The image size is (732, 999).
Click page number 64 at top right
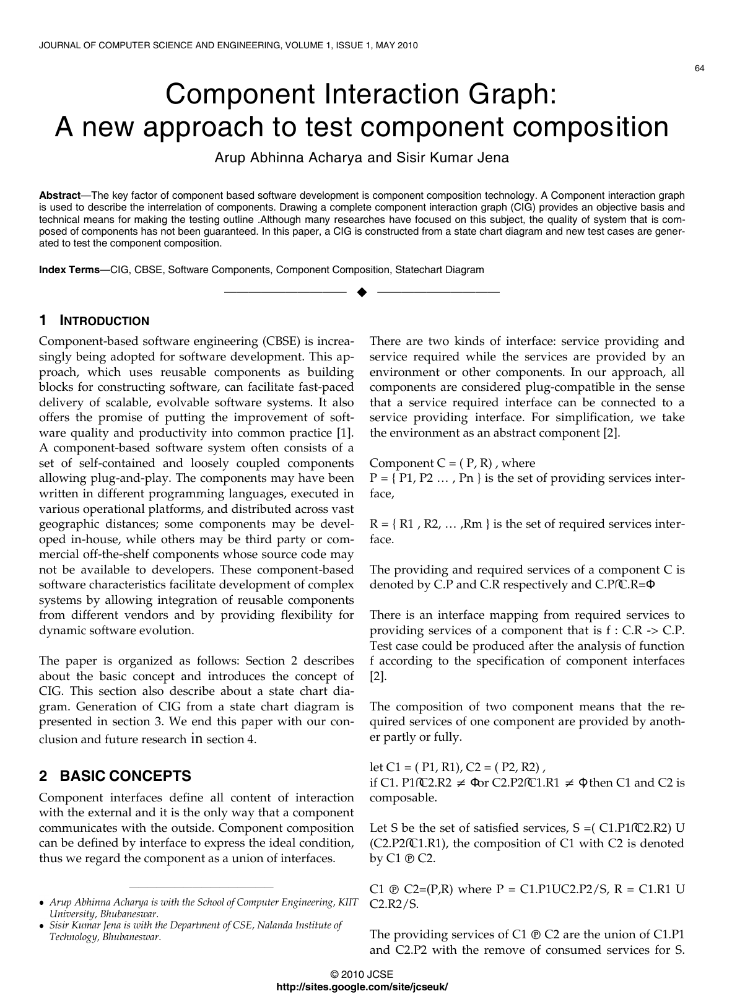coord(700,69)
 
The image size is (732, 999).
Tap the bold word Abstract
coord(60,195)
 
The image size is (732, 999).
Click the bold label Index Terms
coord(69,270)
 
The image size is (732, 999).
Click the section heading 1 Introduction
coord(94,321)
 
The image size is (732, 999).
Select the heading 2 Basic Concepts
coord(115,776)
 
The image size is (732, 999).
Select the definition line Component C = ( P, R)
coord(452,463)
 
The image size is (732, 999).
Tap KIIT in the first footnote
coord(347,902)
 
